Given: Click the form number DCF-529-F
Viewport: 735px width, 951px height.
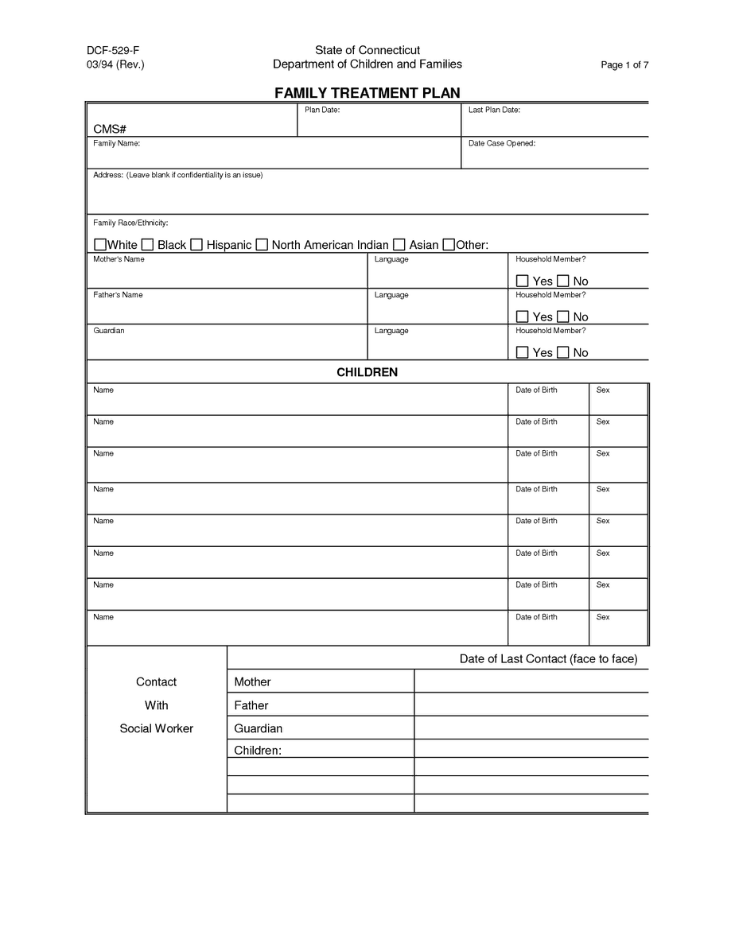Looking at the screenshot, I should [x=113, y=50].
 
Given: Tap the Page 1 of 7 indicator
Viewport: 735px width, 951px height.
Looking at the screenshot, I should [x=624, y=65].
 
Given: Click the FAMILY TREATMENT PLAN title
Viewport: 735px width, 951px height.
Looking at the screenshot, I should [x=367, y=93].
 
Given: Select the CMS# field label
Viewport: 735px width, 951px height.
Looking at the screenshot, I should [x=111, y=129].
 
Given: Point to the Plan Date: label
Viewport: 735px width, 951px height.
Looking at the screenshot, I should [x=322, y=110].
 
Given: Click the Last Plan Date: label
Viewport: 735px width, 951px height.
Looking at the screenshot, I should [x=494, y=110].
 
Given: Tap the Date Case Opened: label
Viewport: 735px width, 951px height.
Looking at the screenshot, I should [x=501, y=143].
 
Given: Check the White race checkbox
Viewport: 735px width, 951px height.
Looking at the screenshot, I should [x=100, y=244].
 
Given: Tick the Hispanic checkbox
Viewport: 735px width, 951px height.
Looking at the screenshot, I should [x=196, y=244].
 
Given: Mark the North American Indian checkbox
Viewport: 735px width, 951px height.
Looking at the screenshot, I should [x=262, y=244].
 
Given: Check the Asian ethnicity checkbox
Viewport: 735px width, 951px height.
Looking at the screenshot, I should [x=399, y=244].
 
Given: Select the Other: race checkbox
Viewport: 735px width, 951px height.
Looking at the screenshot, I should [x=449, y=244].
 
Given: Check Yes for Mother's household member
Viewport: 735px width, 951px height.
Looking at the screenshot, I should [x=523, y=281].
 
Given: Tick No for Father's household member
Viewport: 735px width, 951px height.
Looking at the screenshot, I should [x=563, y=316].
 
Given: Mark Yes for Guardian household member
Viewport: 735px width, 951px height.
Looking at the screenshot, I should [x=523, y=352].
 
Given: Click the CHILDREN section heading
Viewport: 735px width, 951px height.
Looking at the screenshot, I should [x=367, y=372].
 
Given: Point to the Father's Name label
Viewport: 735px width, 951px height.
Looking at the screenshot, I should [x=118, y=295].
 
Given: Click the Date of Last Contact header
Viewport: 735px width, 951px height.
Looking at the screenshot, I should [x=548, y=659].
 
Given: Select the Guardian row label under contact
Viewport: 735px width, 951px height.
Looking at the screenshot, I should [x=259, y=728].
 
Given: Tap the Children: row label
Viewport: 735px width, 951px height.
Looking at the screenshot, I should [x=258, y=751].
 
